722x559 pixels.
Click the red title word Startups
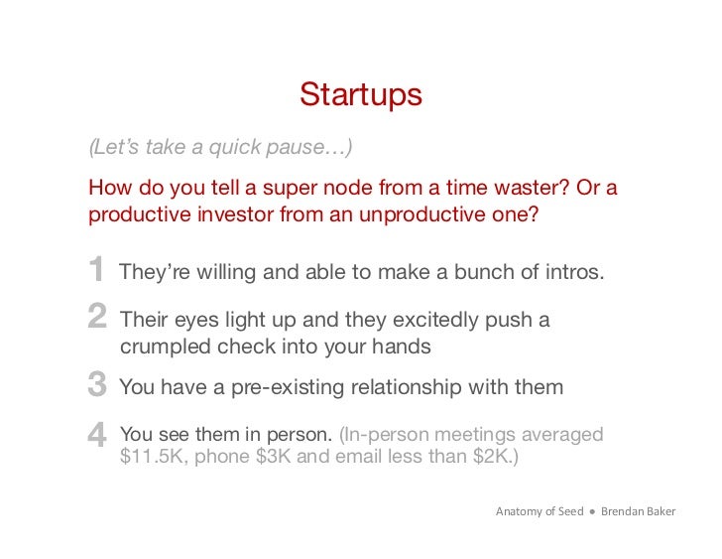361,94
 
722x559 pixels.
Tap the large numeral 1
96,270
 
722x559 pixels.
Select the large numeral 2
97,318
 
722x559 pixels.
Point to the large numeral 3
97,385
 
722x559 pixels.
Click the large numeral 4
97,434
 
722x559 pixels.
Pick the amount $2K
489,459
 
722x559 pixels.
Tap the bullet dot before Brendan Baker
591,511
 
